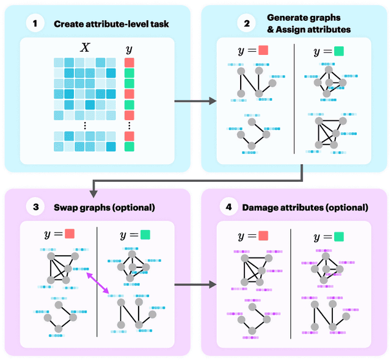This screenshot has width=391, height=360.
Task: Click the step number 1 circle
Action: pyautogui.click(x=35, y=24)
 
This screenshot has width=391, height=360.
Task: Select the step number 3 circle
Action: pyautogui.click(x=35, y=207)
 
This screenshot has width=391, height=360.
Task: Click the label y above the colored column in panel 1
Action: pyautogui.click(x=128, y=49)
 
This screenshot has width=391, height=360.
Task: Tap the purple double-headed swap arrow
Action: pyautogui.click(x=98, y=284)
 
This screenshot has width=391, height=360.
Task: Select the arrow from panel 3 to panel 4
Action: pyautogui.click(x=195, y=284)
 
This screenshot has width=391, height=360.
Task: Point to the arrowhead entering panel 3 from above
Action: pyautogui.click(x=92, y=192)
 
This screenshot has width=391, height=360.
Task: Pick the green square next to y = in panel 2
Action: pyautogui.click(x=338, y=51)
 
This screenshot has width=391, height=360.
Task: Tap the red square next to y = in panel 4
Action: pyautogui.click(x=263, y=236)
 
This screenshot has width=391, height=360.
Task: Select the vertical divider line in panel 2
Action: pyautogui.click(x=294, y=98)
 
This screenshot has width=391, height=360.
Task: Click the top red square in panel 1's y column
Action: pyautogui.click(x=128, y=62)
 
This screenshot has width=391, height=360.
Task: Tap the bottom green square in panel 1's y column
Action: pyautogui.click(x=128, y=146)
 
